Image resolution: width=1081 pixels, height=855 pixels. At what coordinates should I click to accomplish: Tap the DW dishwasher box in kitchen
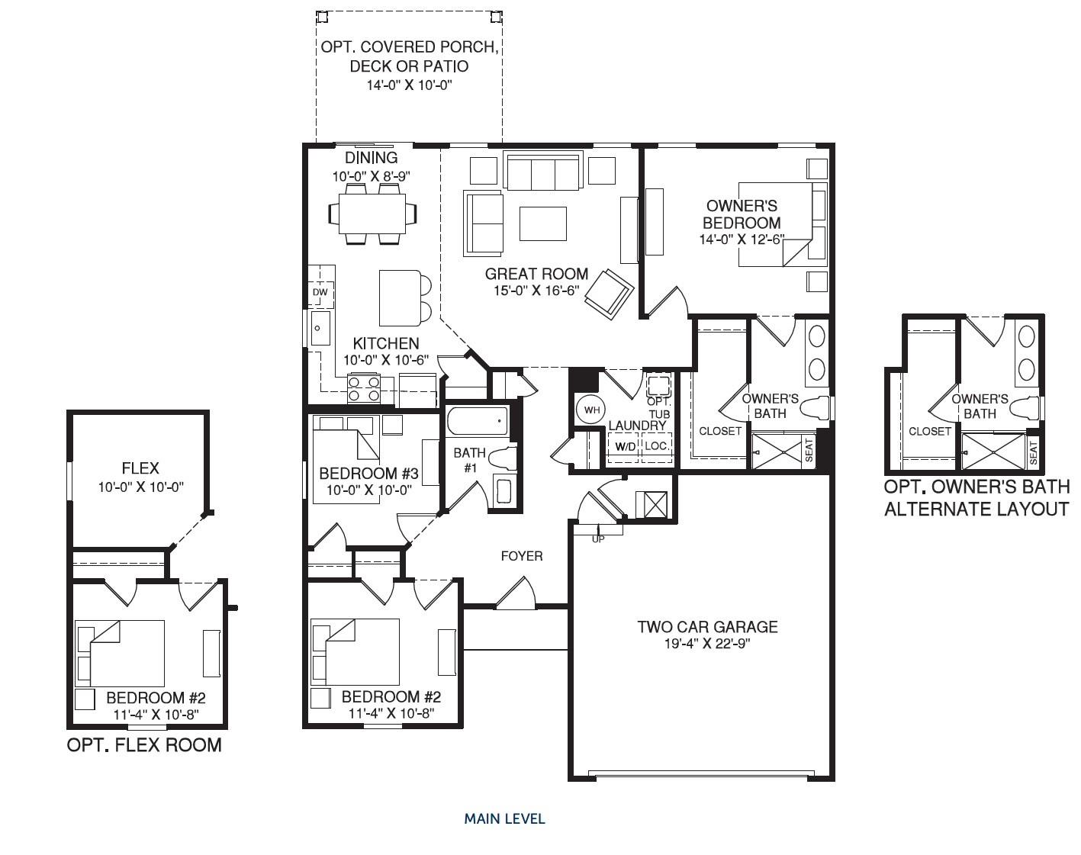(320, 293)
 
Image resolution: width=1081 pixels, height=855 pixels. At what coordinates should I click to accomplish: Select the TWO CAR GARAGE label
(707, 627)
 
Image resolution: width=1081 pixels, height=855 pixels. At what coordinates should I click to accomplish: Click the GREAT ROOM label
(536, 274)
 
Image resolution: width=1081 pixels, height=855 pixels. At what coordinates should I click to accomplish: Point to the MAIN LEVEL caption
(504, 819)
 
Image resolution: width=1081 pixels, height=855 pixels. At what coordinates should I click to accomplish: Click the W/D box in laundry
(625, 445)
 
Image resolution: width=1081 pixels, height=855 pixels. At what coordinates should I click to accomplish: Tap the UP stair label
(599, 538)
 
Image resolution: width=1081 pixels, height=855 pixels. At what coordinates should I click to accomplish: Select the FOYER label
(522, 556)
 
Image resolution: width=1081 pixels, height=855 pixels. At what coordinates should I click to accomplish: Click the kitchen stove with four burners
(364, 389)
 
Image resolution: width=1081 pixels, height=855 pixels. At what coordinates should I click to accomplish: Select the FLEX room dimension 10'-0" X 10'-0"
(141, 487)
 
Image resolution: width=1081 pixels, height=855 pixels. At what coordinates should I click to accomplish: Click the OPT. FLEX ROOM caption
(144, 745)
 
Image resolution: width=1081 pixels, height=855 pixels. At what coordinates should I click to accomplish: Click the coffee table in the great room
(543, 223)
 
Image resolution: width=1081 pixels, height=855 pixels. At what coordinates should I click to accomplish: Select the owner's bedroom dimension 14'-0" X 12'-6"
(742, 239)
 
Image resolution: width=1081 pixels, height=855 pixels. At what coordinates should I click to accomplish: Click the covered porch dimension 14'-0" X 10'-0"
(410, 85)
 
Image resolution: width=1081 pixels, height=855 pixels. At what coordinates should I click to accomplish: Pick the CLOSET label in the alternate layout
(930, 431)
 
